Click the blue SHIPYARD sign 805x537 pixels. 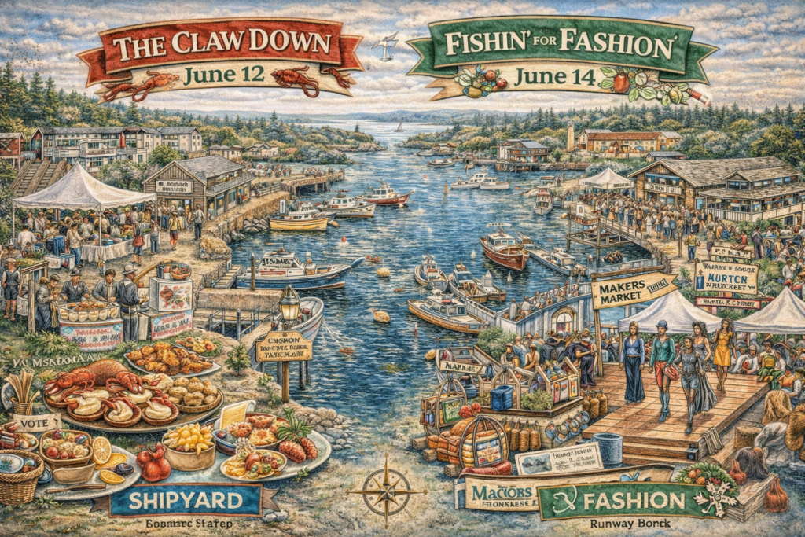186,500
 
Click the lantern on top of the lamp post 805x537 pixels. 289,303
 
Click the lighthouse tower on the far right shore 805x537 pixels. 571,137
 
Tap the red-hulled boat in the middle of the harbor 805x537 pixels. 504,249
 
